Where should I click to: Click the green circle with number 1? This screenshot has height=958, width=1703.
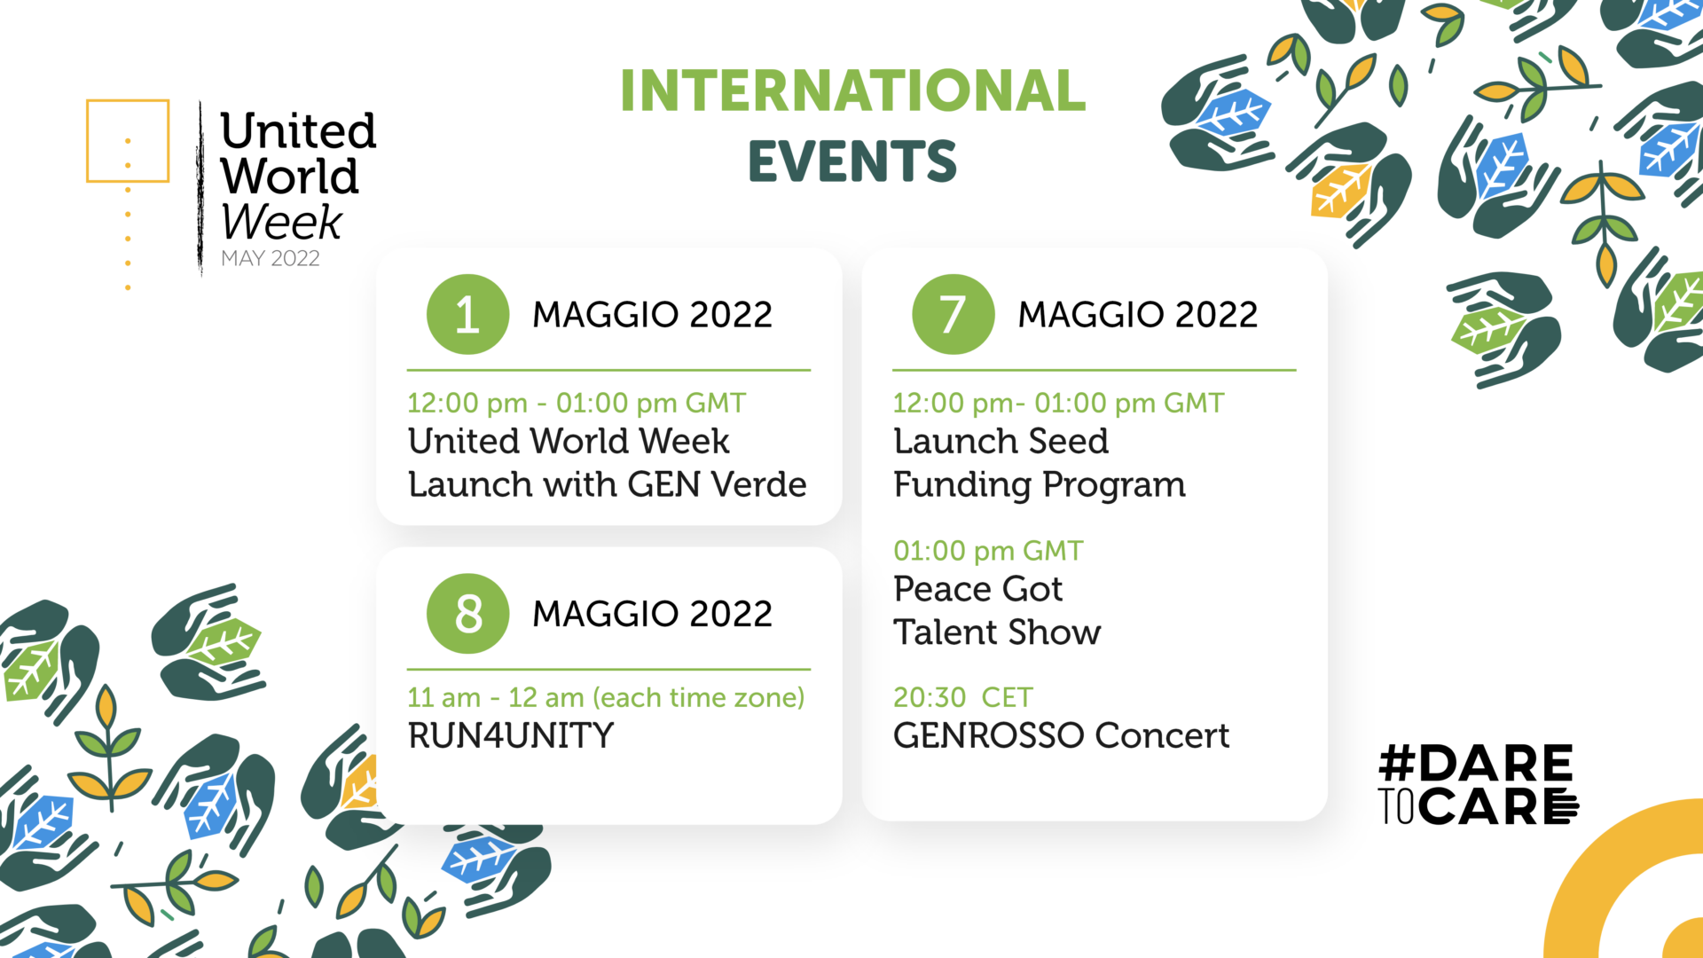pos(467,314)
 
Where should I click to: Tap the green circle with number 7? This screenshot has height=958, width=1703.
pos(953,314)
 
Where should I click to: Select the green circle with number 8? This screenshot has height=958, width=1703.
pos(467,613)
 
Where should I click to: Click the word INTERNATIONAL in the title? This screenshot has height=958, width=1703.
pos(852,90)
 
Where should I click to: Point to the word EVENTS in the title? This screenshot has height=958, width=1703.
pos(852,161)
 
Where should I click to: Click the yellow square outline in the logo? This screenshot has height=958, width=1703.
pos(128,141)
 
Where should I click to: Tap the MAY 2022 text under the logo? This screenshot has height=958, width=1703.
pos(271,258)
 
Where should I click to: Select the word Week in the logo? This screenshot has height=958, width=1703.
pos(281,221)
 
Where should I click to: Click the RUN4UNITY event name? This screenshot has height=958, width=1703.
pos(511,735)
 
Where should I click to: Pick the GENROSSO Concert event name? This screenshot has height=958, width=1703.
pos(1061,735)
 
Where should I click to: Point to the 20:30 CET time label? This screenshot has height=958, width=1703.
pos(963,697)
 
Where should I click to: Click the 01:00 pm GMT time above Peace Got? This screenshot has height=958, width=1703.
pos(988,551)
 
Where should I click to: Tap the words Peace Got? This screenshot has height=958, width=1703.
pos(977,589)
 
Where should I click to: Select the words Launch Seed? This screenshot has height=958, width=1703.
pos(1001,441)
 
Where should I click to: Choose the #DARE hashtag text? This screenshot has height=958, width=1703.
pos(1476,764)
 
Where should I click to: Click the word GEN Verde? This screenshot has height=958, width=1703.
pos(717,484)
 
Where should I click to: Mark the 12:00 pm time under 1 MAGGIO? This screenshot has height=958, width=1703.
pos(467,404)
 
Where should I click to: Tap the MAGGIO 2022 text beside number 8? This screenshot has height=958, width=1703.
pos(652,614)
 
